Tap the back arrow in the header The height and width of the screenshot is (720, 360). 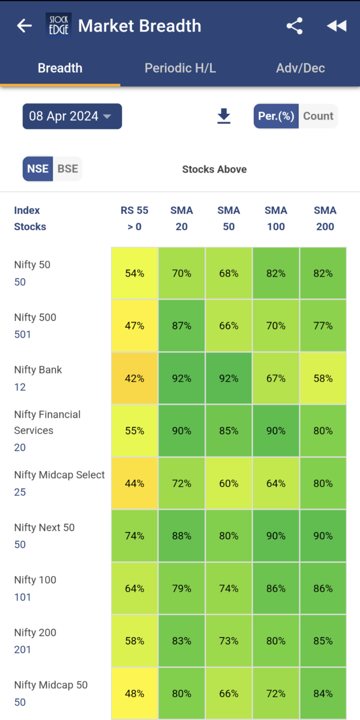pos(24,26)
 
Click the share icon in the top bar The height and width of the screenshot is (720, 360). pos(294,26)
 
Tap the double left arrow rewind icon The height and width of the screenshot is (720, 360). pos(337,26)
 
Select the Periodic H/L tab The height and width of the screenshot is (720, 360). pos(180,68)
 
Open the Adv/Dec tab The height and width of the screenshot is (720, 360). pos(300,68)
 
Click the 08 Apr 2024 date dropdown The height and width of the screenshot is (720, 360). pos(72,116)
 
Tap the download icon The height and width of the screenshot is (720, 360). pos(224,116)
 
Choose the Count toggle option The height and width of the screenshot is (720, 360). pos(318,116)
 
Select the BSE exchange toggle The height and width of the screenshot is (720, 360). pos(67,169)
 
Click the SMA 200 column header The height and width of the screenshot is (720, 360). pos(325,218)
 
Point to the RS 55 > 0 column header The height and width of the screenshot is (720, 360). pos(135,218)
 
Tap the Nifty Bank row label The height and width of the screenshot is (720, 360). pos(38,370)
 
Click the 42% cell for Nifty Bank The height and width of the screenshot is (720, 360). pos(135,378)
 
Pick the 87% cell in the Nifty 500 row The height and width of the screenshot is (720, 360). pos(182,326)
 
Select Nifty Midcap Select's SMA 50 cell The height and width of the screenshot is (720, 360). pos(229,483)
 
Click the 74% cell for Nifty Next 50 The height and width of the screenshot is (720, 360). pos(135,536)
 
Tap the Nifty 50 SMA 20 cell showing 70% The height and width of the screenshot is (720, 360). pos(182,273)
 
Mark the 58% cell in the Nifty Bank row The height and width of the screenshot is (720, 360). pos(323,378)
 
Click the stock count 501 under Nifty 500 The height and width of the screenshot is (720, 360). pos(22,335)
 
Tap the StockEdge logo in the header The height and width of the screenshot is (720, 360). pos(59,26)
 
